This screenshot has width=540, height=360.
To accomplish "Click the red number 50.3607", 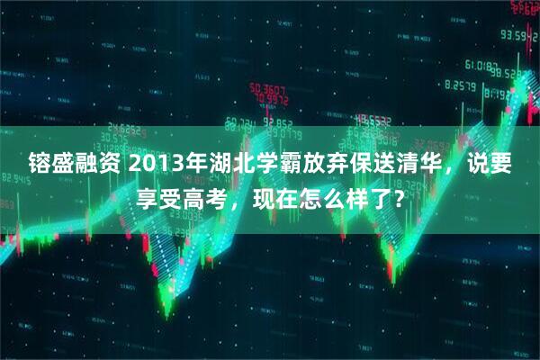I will pos(268,90).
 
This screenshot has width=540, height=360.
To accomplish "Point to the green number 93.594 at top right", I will pos(520,35).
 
